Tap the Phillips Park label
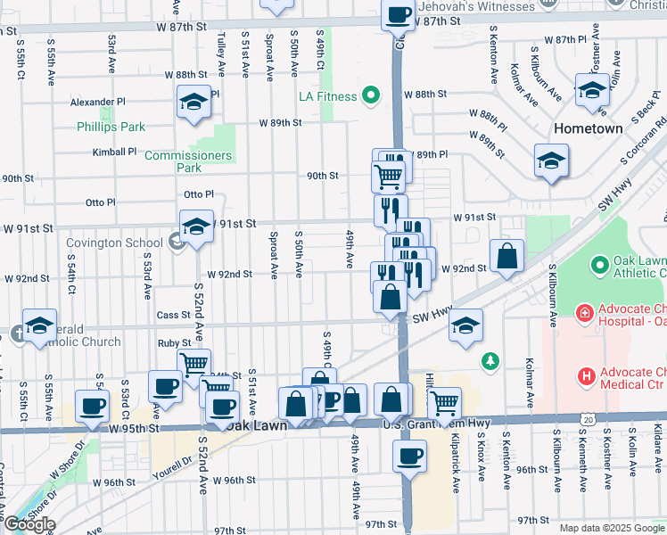[111, 128]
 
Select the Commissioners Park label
[188, 161]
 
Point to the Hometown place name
[588, 128]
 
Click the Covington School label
[113, 243]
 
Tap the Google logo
[29, 524]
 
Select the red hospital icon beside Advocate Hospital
[584, 313]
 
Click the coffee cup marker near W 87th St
[398, 15]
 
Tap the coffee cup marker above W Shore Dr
[92, 407]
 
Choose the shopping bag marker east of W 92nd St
[506, 257]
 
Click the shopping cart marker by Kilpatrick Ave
[444, 403]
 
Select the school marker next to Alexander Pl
[194, 103]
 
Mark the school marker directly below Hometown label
[550, 161]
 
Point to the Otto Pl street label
[199, 194]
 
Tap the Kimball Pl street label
[114, 152]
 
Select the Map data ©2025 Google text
[611, 528]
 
